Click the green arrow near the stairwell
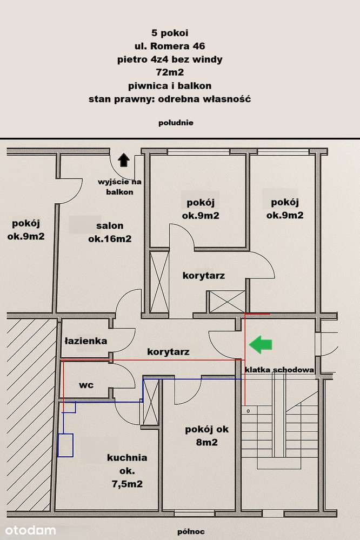pyautogui.click(x=261, y=344)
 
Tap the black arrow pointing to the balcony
pyautogui.click(x=124, y=160)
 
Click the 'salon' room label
pyautogui.click(x=110, y=226)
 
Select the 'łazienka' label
pyautogui.click(x=86, y=341)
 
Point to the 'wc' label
pyautogui.click(x=86, y=385)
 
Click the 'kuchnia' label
pyautogui.click(x=127, y=458)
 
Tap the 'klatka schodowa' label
pyautogui.click(x=279, y=370)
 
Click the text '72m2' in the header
pyautogui.click(x=170, y=72)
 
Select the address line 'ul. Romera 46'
pyautogui.click(x=170, y=46)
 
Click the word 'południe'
pyautogui.click(x=176, y=123)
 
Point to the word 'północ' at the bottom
pyautogui.click(x=191, y=532)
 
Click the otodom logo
pyautogui.click(x=30, y=530)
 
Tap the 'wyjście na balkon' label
pyautogui.click(x=119, y=186)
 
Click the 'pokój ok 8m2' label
pyautogui.click(x=206, y=436)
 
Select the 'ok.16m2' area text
pyautogui.click(x=110, y=239)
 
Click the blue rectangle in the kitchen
pyautogui.click(x=65, y=445)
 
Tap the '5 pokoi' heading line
pyautogui.click(x=170, y=33)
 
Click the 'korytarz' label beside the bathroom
pyautogui.click(x=168, y=352)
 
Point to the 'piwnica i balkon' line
pyautogui.click(x=170, y=86)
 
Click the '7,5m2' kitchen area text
pyautogui.click(x=127, y=484)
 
